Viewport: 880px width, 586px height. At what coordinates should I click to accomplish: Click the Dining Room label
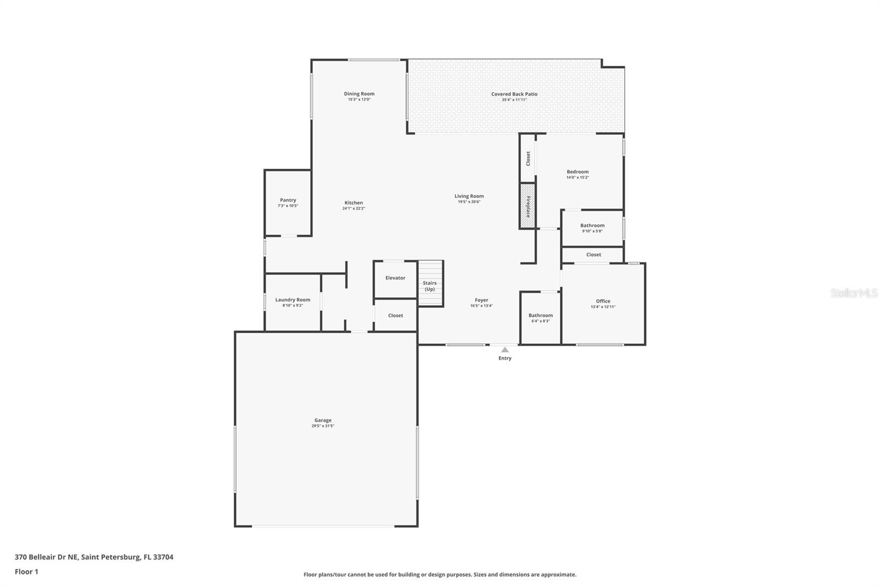[359, 94]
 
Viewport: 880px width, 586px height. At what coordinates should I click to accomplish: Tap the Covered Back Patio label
[514, 94]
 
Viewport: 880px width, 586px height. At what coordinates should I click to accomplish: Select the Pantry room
[288, 203]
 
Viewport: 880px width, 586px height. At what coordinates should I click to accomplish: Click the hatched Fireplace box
[527, 206]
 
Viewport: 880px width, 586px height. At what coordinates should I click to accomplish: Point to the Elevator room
[395, 278]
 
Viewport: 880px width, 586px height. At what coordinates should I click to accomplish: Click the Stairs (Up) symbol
[430, 284]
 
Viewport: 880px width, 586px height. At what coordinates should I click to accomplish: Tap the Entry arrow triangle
[505, 350]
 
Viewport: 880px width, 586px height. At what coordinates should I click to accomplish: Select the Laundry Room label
[293, 300]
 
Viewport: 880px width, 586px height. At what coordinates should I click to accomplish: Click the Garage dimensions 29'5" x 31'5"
[323, 426]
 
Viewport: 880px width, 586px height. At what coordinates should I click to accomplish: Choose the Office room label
[603, 301]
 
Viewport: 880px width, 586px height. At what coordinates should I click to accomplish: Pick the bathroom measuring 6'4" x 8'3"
[540, 318]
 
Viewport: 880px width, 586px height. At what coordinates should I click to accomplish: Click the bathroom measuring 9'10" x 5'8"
[592, 228]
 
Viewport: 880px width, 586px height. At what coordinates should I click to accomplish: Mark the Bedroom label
[577, 172]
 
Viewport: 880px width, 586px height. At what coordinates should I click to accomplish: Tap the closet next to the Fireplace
[528, 158]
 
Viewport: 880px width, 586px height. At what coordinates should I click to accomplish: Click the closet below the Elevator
[395, 316]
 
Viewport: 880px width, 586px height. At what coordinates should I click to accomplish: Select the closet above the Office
[593, 255]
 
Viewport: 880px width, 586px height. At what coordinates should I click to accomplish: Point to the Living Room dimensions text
[469, 202]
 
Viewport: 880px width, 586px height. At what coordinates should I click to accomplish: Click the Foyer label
[481, 300]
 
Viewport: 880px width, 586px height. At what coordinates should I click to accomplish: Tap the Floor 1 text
[26, 572]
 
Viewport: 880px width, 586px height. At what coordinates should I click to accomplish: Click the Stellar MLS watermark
[854, 293]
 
